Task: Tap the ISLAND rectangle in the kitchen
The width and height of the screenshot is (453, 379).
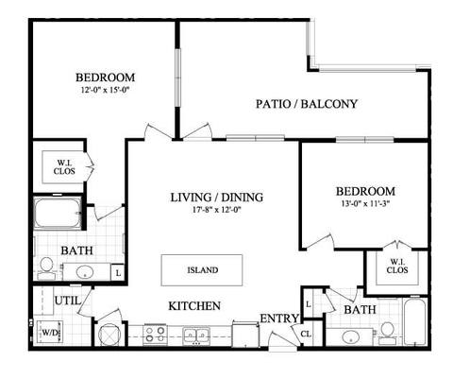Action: [201, 270]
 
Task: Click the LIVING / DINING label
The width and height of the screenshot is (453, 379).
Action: [216, 198]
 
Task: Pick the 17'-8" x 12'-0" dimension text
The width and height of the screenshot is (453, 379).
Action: [216, 211]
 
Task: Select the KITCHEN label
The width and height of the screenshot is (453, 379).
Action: [194, 306]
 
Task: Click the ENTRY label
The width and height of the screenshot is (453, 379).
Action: [279, 318]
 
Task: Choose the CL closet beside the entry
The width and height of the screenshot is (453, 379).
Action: [307, 333]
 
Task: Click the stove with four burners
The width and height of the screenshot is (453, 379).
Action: [155, 333]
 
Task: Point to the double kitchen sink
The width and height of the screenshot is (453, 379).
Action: [197, 334]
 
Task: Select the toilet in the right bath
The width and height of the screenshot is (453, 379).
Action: [387, 331]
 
